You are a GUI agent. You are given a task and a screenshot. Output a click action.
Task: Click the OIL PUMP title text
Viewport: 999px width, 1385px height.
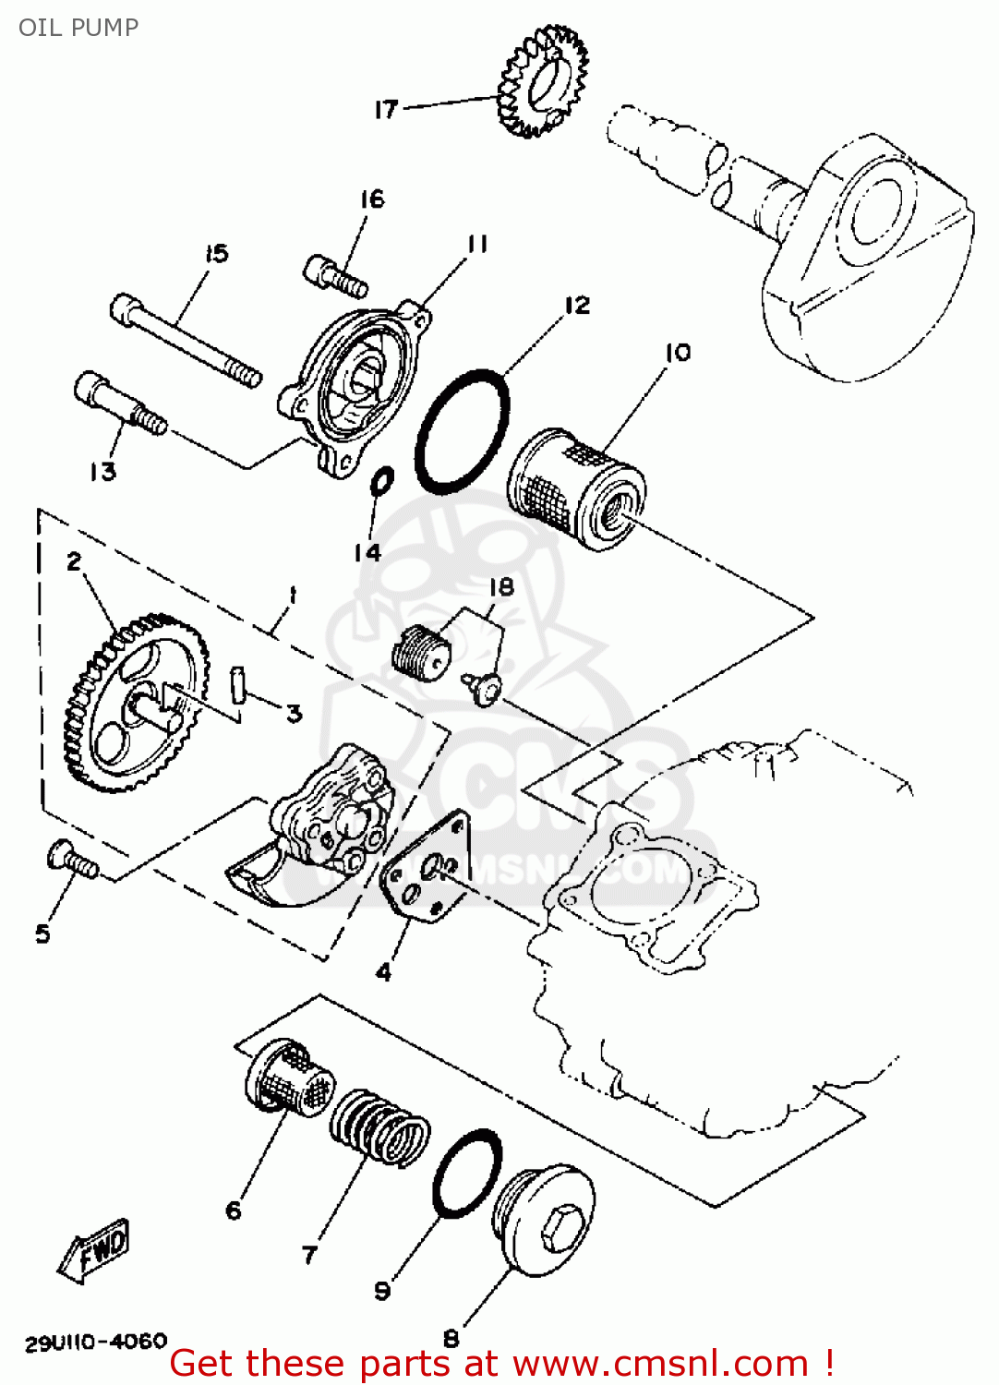click(x=78, y=28)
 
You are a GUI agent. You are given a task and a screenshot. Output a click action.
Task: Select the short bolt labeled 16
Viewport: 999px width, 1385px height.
click(x=334, y=274)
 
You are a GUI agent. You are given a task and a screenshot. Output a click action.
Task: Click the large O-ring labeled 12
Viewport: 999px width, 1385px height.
click(x=463, y=430)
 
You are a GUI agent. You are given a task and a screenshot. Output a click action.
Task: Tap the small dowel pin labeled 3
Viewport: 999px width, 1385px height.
click(x=238, y=684)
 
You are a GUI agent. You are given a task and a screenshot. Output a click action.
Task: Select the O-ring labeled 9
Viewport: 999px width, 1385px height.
click(x=467, y=1173)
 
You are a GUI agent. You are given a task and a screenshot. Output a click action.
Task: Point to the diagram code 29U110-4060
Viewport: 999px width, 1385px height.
click(x=96, y=1342)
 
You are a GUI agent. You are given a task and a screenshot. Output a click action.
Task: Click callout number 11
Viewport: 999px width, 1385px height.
click(x=477, y=244)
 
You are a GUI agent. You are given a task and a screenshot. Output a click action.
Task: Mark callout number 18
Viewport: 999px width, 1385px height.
click(x=501, y=587)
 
